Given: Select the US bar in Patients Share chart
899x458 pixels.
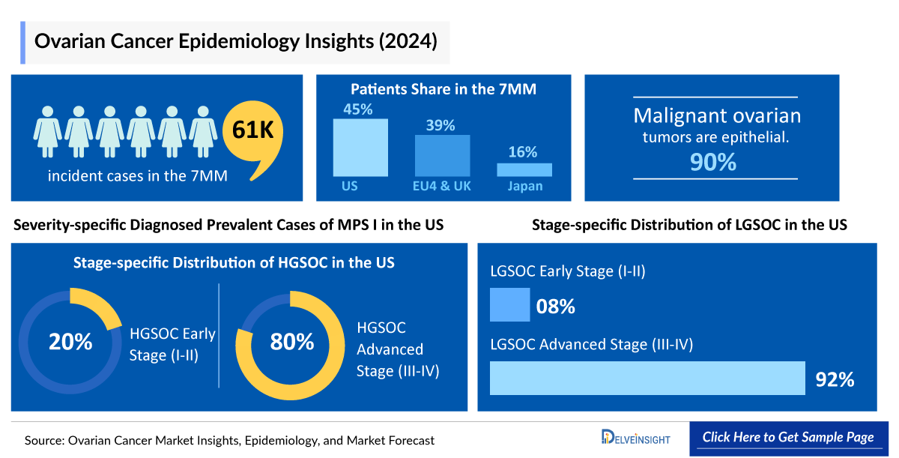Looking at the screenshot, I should (x=360, y=148).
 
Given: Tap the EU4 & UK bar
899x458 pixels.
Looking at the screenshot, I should (x=442, y=156).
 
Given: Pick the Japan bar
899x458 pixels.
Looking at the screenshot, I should (x=524, y=169).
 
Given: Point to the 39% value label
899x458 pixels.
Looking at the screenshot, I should (x=441, y=126).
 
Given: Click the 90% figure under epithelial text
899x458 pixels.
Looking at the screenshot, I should (x=714, y=162).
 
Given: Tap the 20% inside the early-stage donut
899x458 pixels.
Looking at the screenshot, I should (x=70, y=342).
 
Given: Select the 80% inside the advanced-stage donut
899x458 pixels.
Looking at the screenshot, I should (x=292, y=342).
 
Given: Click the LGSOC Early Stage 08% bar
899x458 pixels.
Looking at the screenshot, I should (x=509, y=306).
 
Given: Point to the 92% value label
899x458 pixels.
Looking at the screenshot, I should (x=835, y=380).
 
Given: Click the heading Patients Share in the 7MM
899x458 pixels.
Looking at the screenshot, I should (x=444, y=89).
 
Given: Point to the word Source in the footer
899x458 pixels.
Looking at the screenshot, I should (x=42, y=441).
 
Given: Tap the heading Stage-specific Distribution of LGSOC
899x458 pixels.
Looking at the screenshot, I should (x=689, y=224).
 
